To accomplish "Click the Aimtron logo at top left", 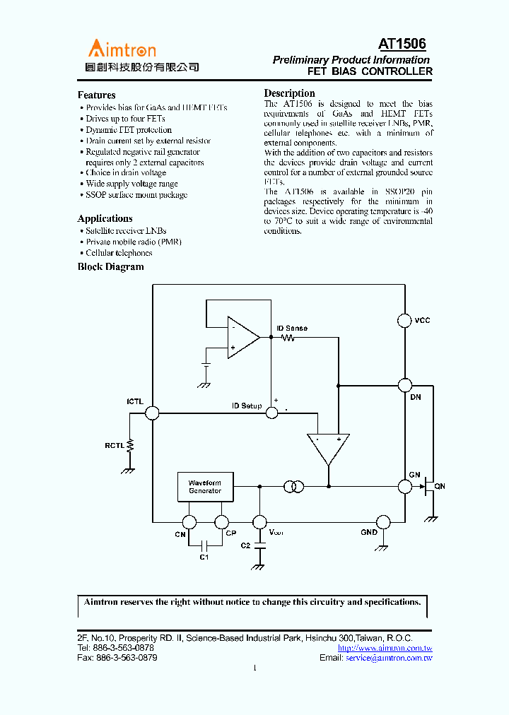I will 122,49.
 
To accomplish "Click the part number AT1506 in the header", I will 402,45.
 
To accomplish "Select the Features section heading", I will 96,95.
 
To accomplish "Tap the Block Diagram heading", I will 110,267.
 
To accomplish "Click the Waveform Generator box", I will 205,487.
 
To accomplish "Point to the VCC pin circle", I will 404,321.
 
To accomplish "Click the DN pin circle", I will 404,385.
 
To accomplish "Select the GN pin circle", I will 404,486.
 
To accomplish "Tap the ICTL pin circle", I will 152,413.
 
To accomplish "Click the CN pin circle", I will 189,522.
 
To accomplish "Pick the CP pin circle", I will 221,522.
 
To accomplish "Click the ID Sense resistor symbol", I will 288,338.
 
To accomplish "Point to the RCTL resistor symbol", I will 131,445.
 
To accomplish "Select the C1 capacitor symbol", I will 205,545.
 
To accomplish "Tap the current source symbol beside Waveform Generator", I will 293,486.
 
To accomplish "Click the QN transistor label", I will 440,486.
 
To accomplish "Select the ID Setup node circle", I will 271,413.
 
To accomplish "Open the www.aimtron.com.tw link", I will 385,648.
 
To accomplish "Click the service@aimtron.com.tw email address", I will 389,658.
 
